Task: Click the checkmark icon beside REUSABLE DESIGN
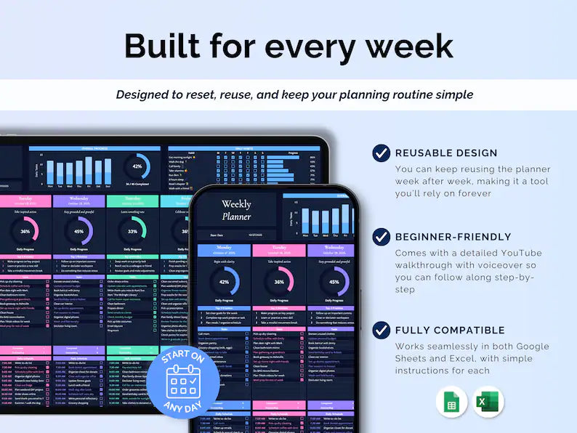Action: click(381, 153)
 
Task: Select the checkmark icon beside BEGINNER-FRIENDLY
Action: click(381, 236)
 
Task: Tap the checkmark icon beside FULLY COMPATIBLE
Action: click(381, 330)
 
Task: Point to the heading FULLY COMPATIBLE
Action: click(449, 331)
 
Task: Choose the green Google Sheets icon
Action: click(451, 402)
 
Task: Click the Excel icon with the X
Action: click(488, 402)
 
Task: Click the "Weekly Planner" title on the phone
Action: click(236, 210)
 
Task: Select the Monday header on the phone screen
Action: click(223, 250)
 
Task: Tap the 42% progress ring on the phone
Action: click(223, 282)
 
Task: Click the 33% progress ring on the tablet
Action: click(132, 232)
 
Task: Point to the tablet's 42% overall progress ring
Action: click(137, 166)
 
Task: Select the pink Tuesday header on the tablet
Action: click(25, 201)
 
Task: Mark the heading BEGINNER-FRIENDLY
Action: click(453, 237)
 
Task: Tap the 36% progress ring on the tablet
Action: click(25, 232)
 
